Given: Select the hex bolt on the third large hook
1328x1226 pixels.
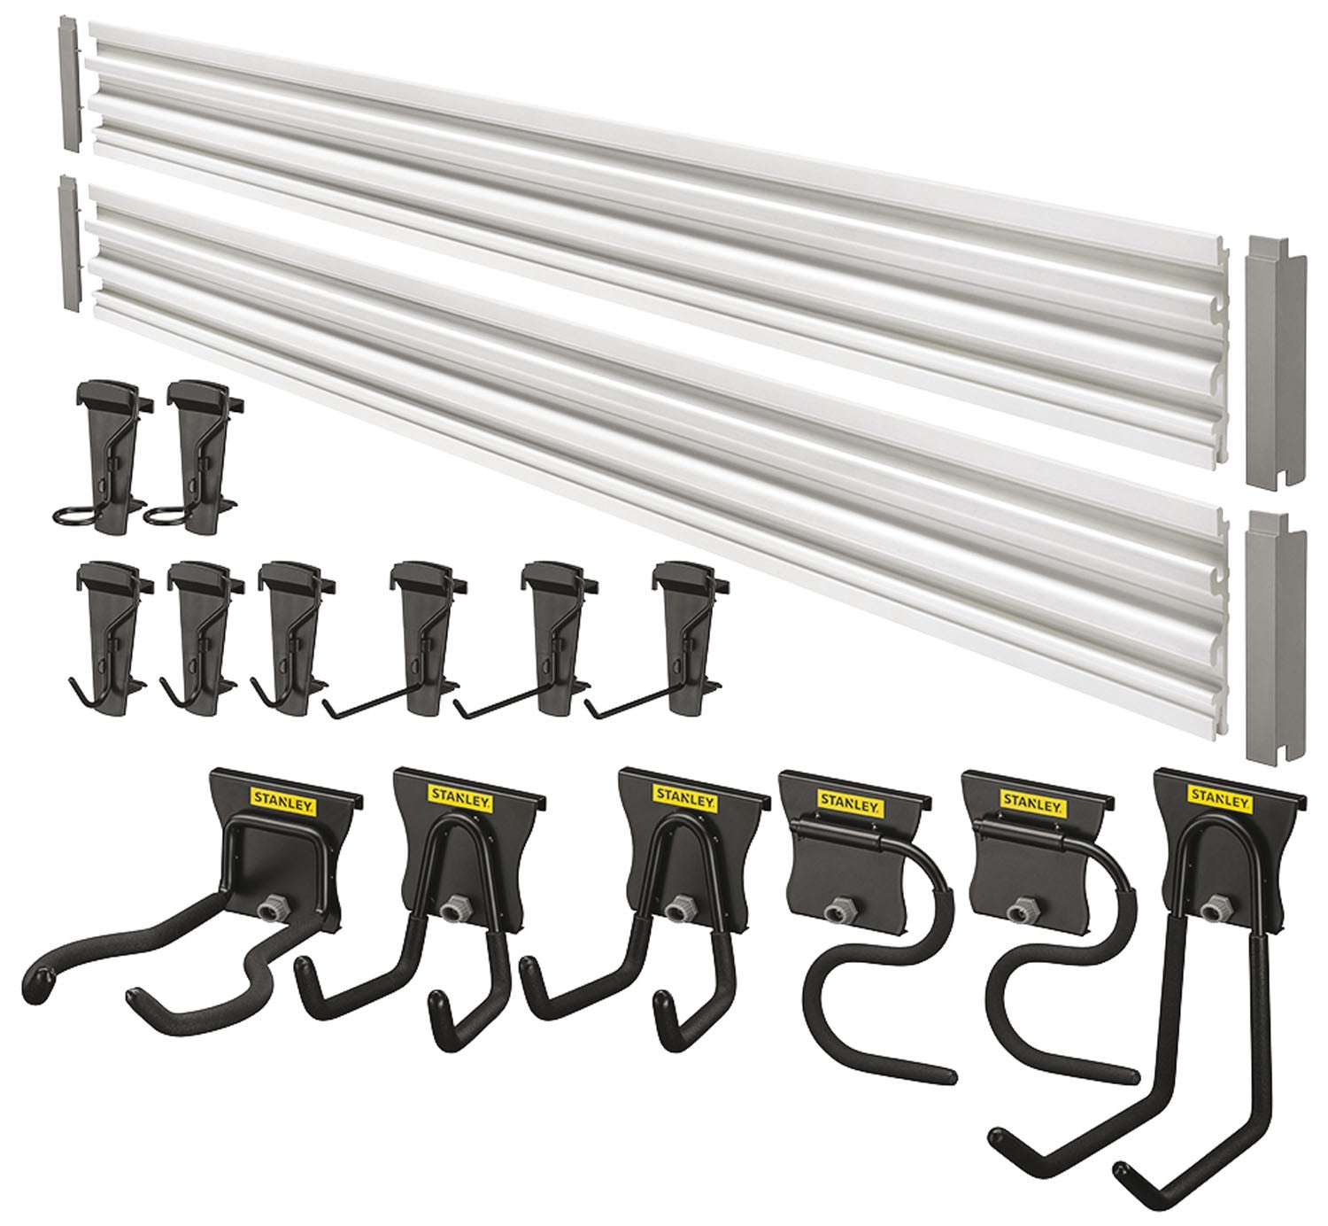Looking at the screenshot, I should point(680,907).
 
